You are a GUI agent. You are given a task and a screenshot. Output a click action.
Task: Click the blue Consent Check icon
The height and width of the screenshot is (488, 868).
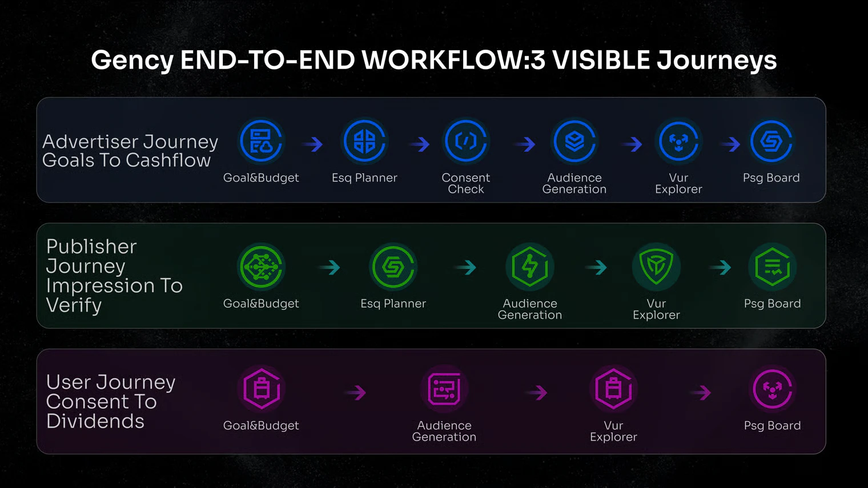[x=466, y=142]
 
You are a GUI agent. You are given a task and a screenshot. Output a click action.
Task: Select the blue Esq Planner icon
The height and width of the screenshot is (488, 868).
[x=364, y=142]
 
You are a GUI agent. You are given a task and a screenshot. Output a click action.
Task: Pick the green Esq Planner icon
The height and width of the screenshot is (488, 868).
[x=393, y=267]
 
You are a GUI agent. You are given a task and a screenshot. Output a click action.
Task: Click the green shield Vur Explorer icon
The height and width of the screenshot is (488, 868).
[x=656, y=267]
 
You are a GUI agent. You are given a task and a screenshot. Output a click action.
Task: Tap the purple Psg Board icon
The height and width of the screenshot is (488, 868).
[x=772, y=389]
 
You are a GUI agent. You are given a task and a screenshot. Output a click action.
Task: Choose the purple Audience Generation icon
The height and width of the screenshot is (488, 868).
[x=444, y=389]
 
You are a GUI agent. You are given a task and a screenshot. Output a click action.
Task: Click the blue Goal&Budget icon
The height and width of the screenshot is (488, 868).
[x=261, y=142]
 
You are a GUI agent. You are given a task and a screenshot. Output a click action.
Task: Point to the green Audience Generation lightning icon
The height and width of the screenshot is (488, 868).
[x=530, y=267]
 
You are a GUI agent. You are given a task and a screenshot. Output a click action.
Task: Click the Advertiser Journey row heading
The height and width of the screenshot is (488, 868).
[x=130, y=151]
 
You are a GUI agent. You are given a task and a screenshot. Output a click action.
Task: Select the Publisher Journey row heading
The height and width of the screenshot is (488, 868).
[x=114, y=275]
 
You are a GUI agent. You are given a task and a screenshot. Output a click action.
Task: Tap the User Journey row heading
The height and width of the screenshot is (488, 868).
[x=110, y=401]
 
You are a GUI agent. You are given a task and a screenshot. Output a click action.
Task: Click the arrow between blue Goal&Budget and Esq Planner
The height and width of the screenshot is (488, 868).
[x=313, y=144]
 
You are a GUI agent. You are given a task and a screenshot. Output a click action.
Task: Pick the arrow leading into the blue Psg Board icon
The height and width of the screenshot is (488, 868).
[x=730, y=144]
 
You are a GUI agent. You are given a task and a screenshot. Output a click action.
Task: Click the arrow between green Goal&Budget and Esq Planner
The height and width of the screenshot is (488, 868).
[x=329, y=267]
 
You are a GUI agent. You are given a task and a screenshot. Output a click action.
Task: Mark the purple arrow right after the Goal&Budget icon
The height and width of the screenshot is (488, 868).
[x=355, y=393]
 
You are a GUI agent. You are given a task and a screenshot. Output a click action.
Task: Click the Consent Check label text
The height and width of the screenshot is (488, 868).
[x=466, y=183]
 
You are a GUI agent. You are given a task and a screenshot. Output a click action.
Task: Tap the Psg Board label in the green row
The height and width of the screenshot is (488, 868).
[x=772, y=304]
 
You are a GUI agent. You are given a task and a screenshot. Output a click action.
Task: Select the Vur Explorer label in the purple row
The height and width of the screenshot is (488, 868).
[x=613, y=431]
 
